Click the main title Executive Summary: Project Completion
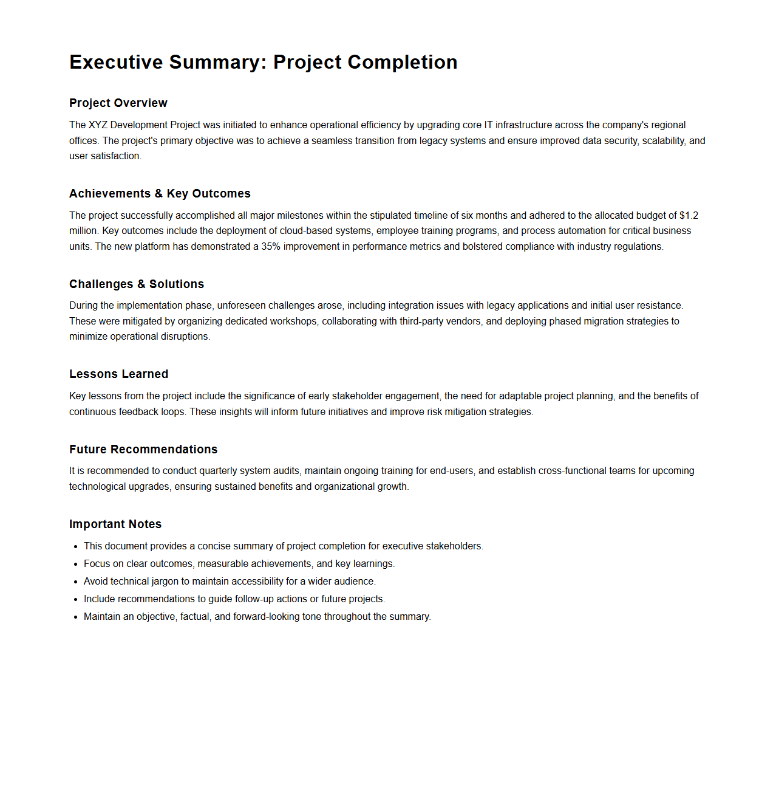tap(263, 62)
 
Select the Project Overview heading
tap(118, 103)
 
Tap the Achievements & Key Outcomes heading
tap(160, 193)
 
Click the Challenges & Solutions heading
tap(137, 284)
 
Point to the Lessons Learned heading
tap(118, 374)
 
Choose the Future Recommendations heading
tap(143, 449)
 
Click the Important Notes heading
tap(115, 524)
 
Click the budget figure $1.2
tap(689, 215)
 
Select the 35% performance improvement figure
tap(271, 246)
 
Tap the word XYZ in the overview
tap(98, 125)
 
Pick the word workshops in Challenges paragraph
tap(293, 321)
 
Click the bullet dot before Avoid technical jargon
tap(76, 582)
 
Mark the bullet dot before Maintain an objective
tap(76, 617)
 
